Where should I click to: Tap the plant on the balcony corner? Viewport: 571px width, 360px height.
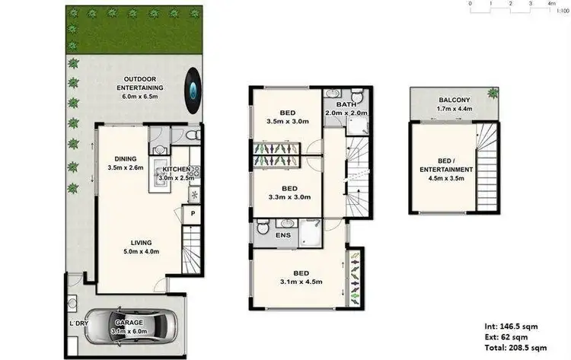coord(493,93)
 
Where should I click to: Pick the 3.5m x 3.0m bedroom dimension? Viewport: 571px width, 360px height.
coord(288,121)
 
